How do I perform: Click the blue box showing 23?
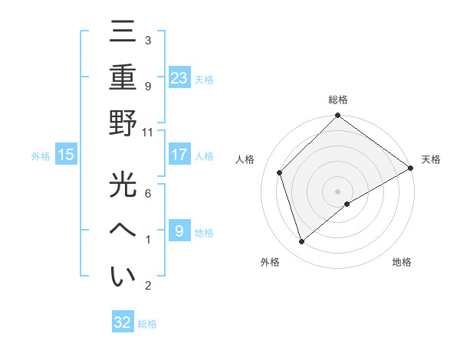click(179, 77)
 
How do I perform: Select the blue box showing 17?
click(179, 154)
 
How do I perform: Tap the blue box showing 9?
click(179, 231)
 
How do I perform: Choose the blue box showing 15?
click(66, 155)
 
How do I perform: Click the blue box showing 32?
click(123, 322)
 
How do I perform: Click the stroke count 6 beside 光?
click(147, 193)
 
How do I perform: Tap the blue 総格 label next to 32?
click(147, 324)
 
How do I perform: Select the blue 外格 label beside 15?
click(41, 155)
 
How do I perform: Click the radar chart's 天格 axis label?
click(431, 159)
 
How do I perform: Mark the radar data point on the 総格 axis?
click(337, 116)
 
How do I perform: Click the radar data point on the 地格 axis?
click(347, 204)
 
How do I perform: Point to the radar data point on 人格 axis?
click(280, 172)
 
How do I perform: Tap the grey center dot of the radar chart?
click(337, 191)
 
